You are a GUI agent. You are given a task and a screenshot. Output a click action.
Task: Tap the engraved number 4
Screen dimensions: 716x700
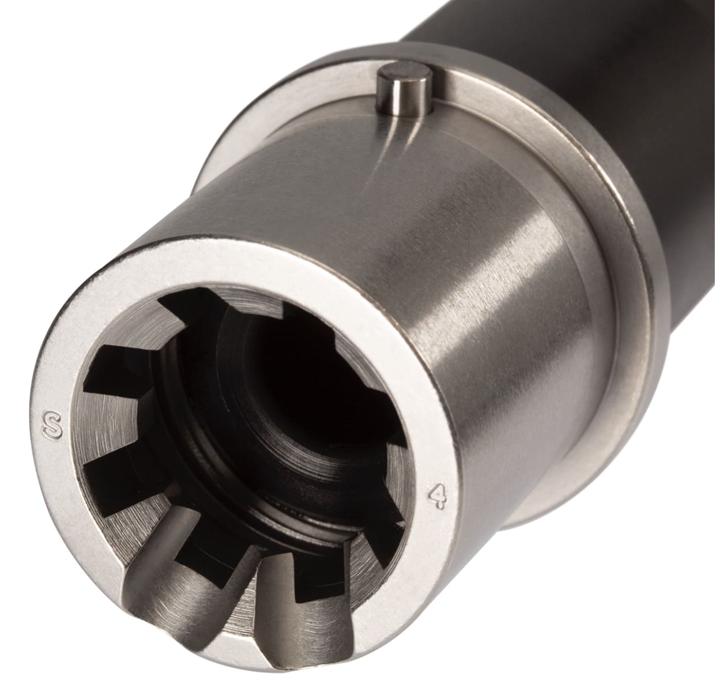[438, 495]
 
